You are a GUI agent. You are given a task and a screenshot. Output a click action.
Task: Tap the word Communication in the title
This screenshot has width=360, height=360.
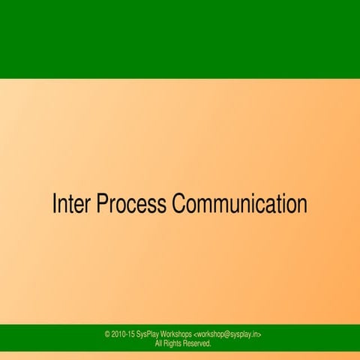240,204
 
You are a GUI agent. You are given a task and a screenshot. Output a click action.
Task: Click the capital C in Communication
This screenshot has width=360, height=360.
179,204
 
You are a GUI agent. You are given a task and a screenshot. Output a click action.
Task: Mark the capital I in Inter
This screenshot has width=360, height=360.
54,204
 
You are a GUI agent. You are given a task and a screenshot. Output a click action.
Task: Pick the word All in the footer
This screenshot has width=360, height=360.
159,344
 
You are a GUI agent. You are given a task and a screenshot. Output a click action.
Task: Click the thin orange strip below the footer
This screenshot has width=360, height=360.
180,356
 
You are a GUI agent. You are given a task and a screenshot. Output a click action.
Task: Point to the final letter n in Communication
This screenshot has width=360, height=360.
302,204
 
